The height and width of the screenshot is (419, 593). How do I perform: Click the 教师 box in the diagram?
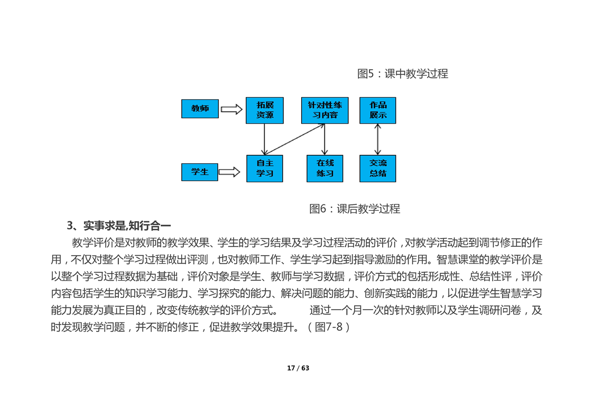pos(200,109)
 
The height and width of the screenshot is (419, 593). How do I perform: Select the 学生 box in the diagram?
pos(200,172)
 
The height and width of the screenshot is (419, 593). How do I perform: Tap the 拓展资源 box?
pos(265,110)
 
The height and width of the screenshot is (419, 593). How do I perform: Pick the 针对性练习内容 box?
pos(325,110)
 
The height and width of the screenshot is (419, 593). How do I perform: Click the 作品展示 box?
pos(378,110)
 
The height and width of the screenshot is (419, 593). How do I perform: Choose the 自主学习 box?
pos(265,169)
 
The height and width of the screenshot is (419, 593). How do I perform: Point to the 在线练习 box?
pos(325,169)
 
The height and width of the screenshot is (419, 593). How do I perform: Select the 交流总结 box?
pos(378,169)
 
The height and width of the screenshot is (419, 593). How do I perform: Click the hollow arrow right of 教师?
pos(231,109)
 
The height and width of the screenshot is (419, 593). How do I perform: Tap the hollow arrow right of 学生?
pos(229,172)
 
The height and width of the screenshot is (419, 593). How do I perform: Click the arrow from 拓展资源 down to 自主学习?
pos(264,139)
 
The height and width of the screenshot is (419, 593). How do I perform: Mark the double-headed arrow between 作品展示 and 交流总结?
pos(377,139)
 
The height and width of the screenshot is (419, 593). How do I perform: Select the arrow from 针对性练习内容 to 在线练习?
pos(325,139)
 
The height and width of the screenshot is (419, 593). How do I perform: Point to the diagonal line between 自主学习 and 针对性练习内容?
pos(294,139)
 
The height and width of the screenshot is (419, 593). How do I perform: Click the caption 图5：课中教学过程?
pos(403,74)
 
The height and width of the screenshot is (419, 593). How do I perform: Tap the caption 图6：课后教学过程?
pos(355,209)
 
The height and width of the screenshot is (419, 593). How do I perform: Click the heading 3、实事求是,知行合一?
pos(119,226)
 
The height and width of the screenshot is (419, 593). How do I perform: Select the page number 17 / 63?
pos(298,368)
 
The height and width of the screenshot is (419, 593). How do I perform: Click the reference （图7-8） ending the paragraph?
pos(328,327)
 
